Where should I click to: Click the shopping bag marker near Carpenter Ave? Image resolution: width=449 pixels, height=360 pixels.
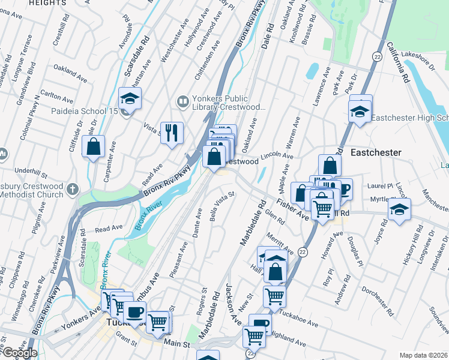pos(94,146)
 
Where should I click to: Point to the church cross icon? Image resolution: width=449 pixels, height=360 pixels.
pos(71,189)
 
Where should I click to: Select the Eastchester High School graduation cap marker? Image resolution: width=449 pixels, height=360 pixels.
pos(360,112)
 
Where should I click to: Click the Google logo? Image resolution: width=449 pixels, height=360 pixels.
pos(19,353)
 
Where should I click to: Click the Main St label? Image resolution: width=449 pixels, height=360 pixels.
pos(178,344)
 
